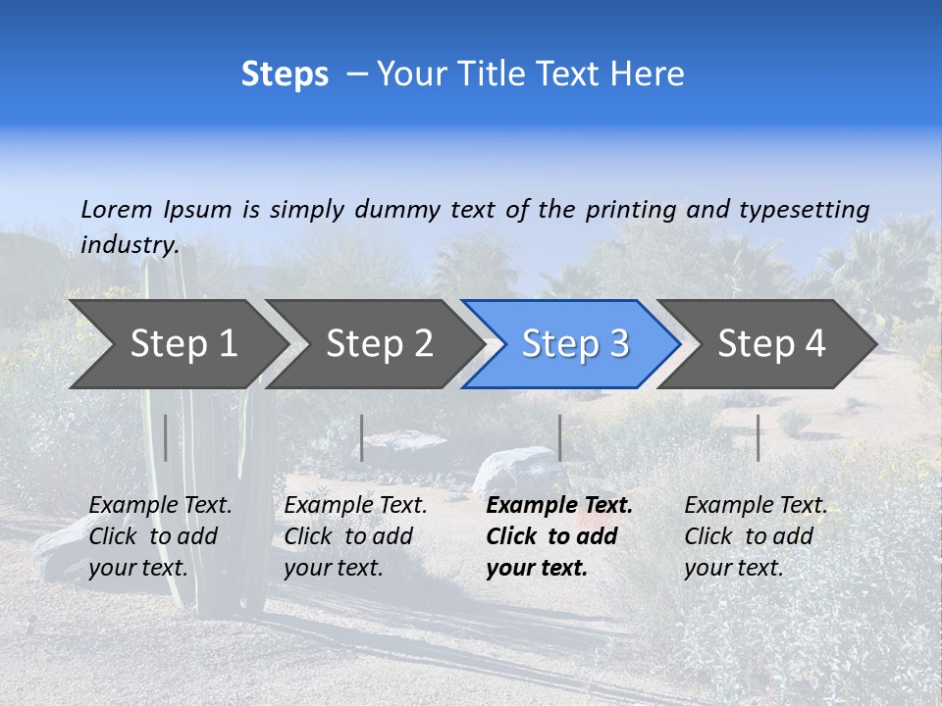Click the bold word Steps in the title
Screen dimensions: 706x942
coord(285,75)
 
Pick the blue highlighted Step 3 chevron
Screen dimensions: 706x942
coord(575,344)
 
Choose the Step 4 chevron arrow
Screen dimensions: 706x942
coord(771,344)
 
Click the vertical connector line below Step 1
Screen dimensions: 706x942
coord(166,437)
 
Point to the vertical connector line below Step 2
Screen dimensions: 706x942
coord(362,437)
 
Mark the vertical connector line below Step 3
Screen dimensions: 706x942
coord(559,437)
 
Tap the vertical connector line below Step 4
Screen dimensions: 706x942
coord(758,437)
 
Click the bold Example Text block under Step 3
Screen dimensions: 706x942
coord(559,536)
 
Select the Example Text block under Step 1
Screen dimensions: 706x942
coord(160,536)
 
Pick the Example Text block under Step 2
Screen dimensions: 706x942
coord(355,536)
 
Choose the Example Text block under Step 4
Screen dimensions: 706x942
coord(755,536)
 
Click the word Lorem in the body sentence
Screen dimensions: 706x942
coord(117,210)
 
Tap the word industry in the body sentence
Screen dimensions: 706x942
coord(130,245)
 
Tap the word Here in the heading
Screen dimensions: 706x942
coord(647,75)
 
